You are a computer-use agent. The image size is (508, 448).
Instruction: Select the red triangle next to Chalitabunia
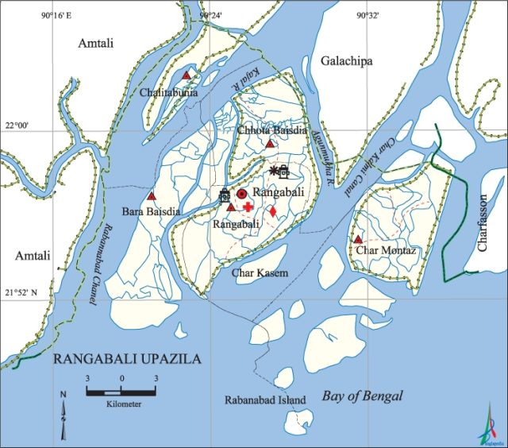pyautogui.click(x=187, y=75)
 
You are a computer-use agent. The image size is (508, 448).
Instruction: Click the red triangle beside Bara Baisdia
pyautogui.click(x=152, y=195)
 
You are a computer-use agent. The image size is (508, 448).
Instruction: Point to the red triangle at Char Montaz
pyautogui.click(x=358, y=238)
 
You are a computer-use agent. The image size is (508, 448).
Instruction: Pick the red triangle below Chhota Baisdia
pyautogui.click(x=270, y=144)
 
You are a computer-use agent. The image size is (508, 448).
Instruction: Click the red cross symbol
pyautogui.click(x=248, y=207)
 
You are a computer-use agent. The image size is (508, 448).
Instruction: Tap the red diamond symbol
pyautogui.click(x=271, y=211)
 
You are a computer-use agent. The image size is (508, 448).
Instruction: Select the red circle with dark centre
pyautogui.click(x=241, y=194)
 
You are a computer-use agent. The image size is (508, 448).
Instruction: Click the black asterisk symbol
pyautogui.click(x=274, y=171)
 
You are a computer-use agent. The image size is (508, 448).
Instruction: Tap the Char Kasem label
pyautogui.click(x=260, y=272)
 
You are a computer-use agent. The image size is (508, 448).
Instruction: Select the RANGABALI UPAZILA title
pyautogui.click(x=127, y=359)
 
